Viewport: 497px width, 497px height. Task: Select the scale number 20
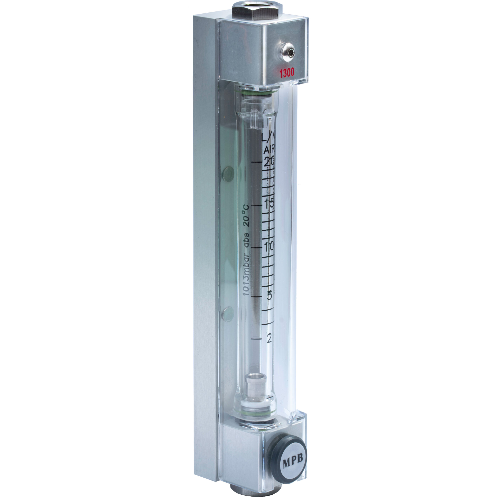point(269,162)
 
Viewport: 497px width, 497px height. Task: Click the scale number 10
point(268,248)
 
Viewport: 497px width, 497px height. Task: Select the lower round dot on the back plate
point(228,314)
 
